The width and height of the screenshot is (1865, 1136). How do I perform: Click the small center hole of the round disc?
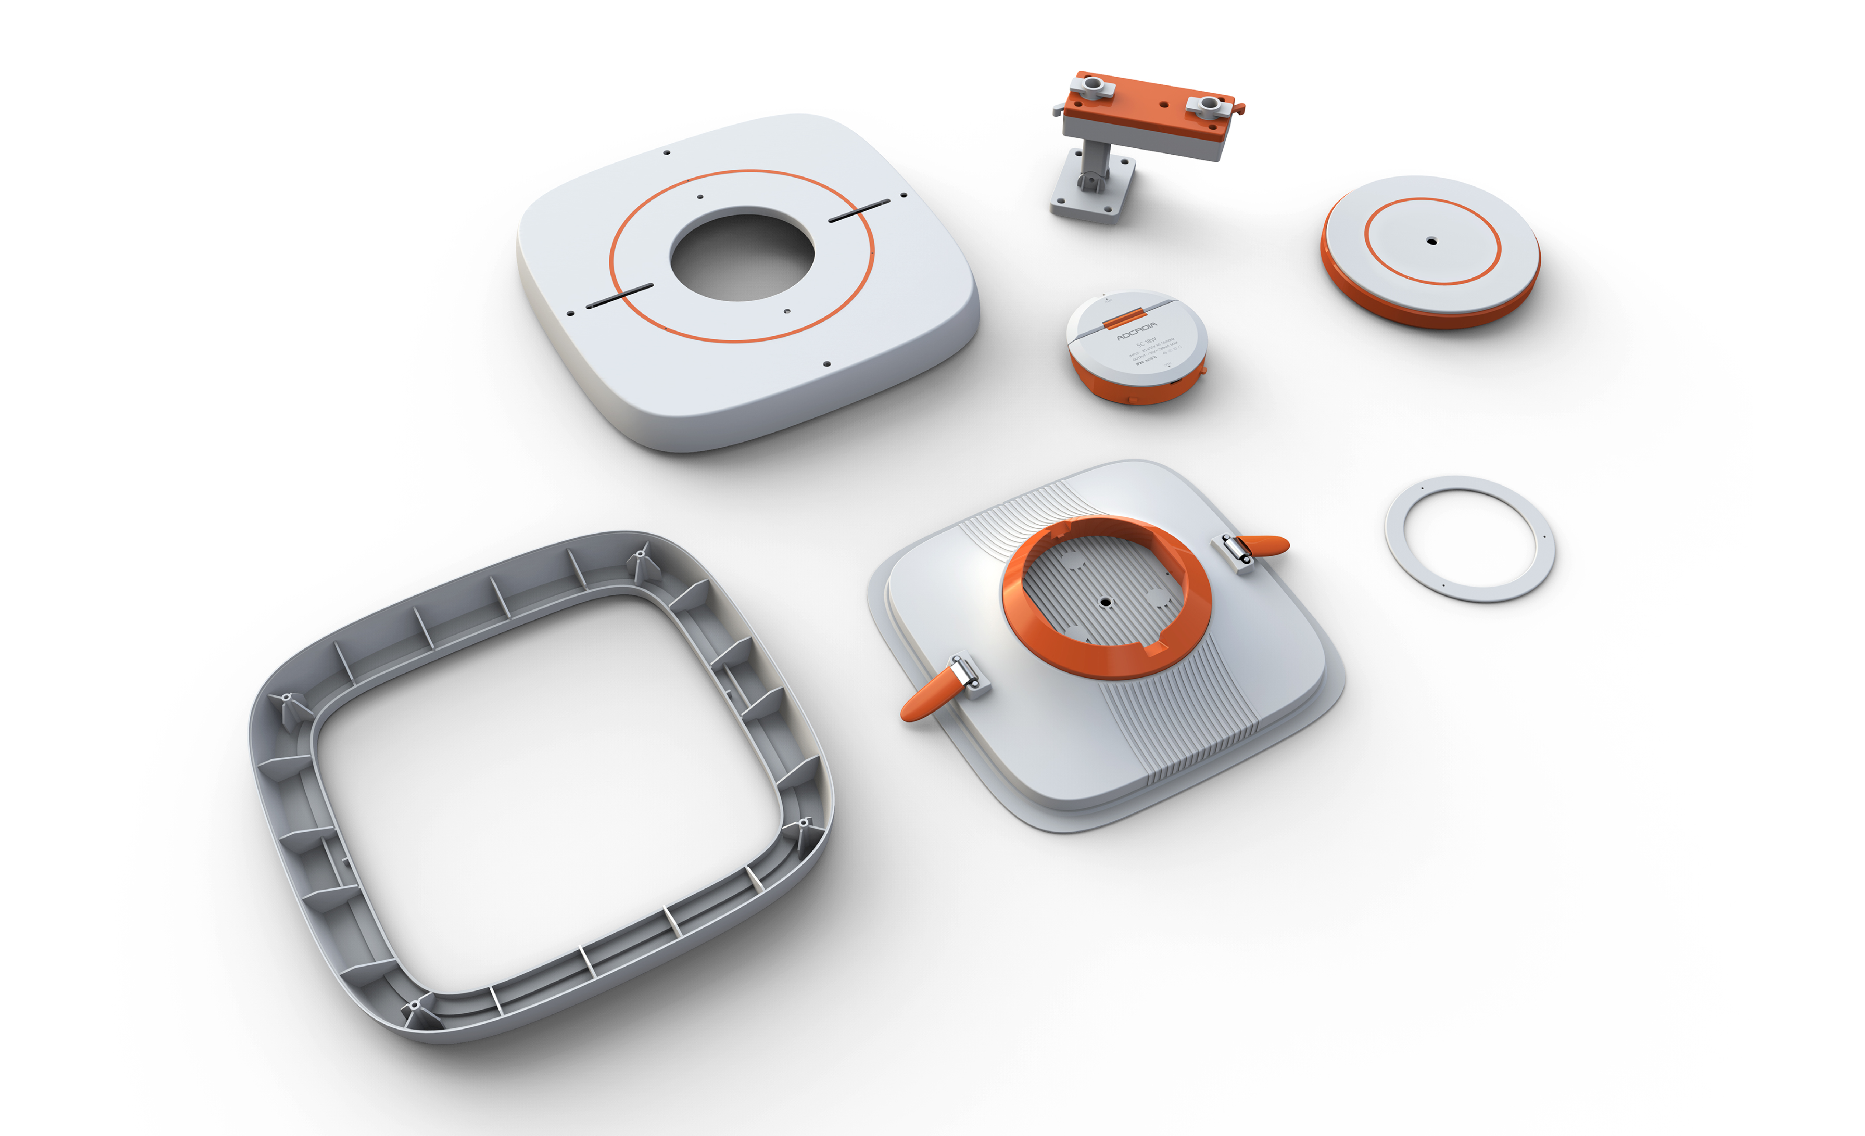click(x=1431, y=242)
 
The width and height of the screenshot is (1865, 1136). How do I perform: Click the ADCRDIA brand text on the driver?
click(x=1137, y=331)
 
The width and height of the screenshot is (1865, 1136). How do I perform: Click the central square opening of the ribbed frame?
click(x=545, y=795)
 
